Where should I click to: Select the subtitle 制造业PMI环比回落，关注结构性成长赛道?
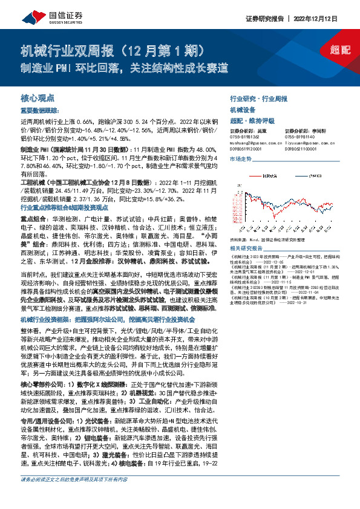pos(125,68)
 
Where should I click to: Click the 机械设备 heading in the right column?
pos(241,109)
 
